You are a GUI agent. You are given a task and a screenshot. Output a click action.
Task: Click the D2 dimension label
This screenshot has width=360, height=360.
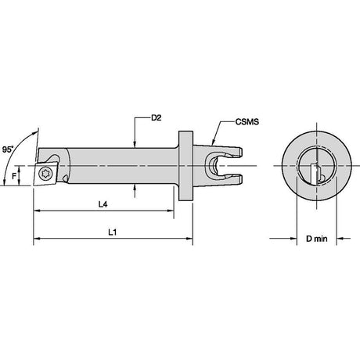click(157, 118)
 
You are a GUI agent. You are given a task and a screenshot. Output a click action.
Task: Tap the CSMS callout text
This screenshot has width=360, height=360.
click(247, 122)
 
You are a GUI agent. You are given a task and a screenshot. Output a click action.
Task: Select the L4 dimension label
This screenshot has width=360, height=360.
click(103, 204)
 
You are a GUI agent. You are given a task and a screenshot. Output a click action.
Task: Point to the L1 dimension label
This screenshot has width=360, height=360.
click(113, 232)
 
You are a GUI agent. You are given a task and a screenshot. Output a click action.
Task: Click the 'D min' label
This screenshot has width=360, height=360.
click(316, 239)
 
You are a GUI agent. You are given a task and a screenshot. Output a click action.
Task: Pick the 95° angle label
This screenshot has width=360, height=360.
click(8, 149)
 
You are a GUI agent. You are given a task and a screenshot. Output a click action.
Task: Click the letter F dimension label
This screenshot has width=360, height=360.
click(14, 176)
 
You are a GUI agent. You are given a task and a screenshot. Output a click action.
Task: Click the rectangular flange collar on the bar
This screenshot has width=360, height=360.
click(185, 166)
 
